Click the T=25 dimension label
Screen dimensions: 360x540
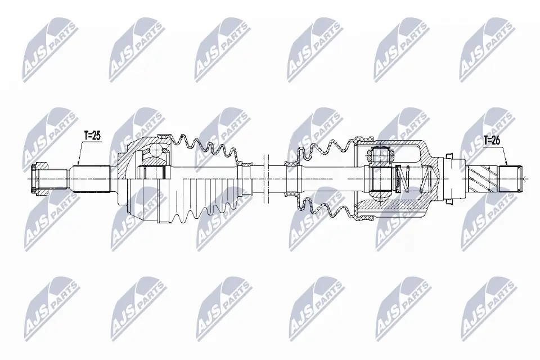coord(92,136)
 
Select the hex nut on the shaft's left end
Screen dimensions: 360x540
coord(37,178)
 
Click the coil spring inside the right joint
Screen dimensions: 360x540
coord(404,179)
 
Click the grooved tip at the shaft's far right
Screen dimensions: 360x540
coord(513,178)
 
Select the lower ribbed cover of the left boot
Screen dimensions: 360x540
coord(191,200)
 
